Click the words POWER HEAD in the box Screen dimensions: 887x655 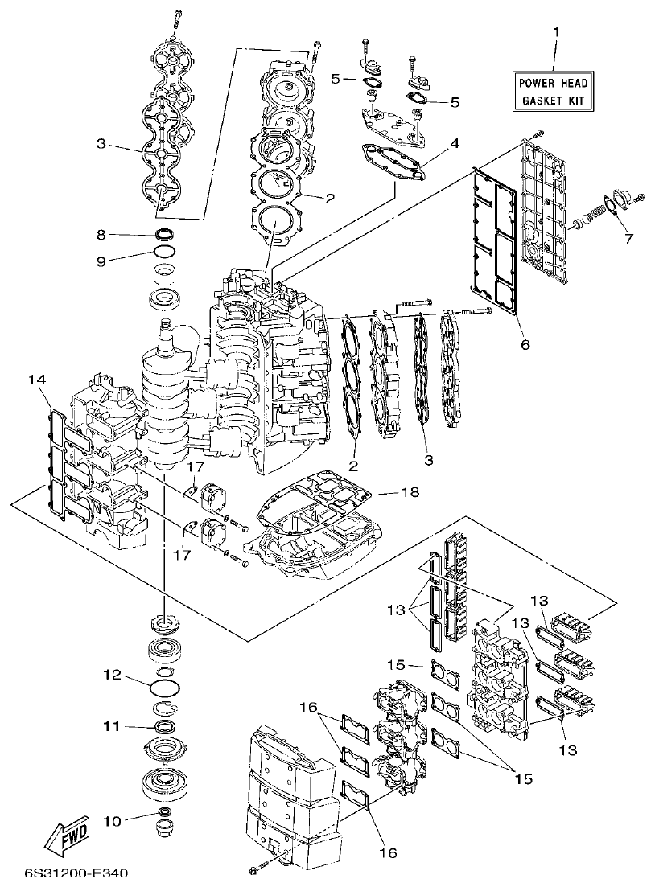(553, 84)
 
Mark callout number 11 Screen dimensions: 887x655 (112, 726)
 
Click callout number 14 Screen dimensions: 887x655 (35, 379)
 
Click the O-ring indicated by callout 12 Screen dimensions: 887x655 (164, 688)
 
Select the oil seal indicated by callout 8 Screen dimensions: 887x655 (165, 235)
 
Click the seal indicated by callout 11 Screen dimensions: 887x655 (164, 727)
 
